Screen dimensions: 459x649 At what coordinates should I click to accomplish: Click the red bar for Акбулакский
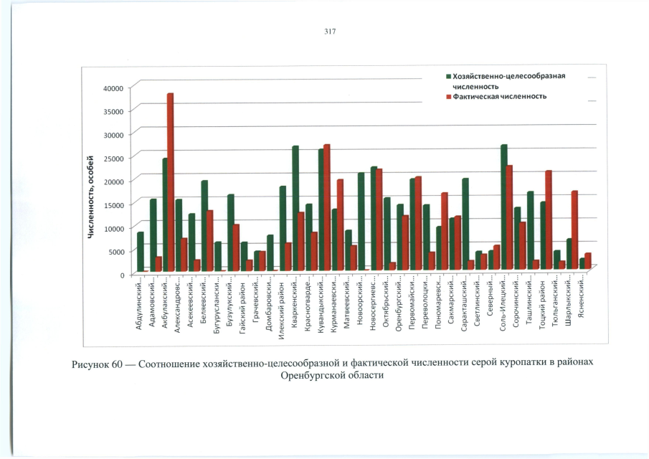point(171,183)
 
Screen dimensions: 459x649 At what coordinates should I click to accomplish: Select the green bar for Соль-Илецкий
point(503,208)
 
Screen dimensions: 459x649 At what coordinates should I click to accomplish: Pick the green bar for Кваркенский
point(295,209)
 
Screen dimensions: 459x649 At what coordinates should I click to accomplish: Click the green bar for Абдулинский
point(141,252)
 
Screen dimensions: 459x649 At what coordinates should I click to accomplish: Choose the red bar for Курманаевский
point(341,225)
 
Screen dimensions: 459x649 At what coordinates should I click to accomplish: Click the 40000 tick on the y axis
point(114,87)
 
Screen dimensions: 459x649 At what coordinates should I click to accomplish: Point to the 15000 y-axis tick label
point(114,204)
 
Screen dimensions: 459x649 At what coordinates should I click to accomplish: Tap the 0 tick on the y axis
point(121,275)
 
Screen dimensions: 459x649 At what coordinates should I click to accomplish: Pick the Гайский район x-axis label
point(244,304)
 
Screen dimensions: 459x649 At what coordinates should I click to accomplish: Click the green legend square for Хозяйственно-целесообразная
point(448,75)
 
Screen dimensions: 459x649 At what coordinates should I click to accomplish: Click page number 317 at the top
point(330,32)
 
